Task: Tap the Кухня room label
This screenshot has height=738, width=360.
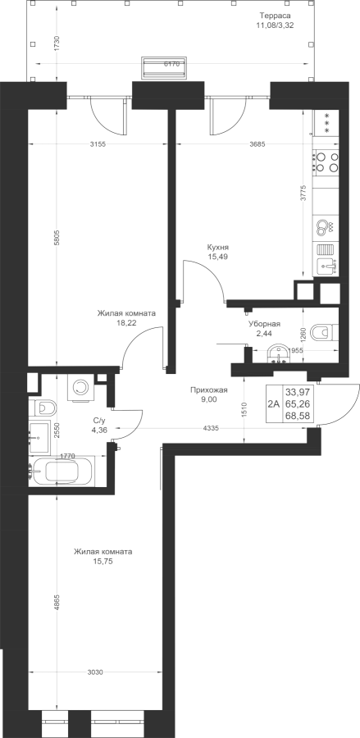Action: (x=218, y=247)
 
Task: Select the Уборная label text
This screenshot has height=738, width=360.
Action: (x=265, y=324)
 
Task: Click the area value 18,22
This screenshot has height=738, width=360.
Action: (x=126, y=323)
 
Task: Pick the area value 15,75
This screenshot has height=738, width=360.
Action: (x=103, y=562)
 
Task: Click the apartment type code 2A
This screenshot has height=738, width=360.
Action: (x=274, y=403)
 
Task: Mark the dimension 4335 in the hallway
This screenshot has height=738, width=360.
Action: (x=211, y=428)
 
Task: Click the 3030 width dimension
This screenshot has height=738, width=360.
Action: (x=95, y=672)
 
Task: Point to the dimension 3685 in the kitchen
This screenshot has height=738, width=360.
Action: (x=257, y=144)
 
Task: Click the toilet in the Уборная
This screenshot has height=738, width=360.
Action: (x=326, y=331)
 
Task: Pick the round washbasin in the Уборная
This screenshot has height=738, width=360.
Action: (x=280, y=353)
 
